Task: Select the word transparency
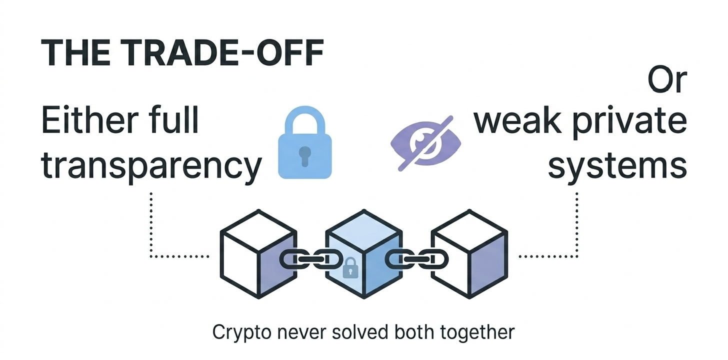151,165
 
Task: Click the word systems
617,165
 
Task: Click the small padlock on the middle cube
350,267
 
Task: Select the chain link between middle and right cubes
416,259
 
